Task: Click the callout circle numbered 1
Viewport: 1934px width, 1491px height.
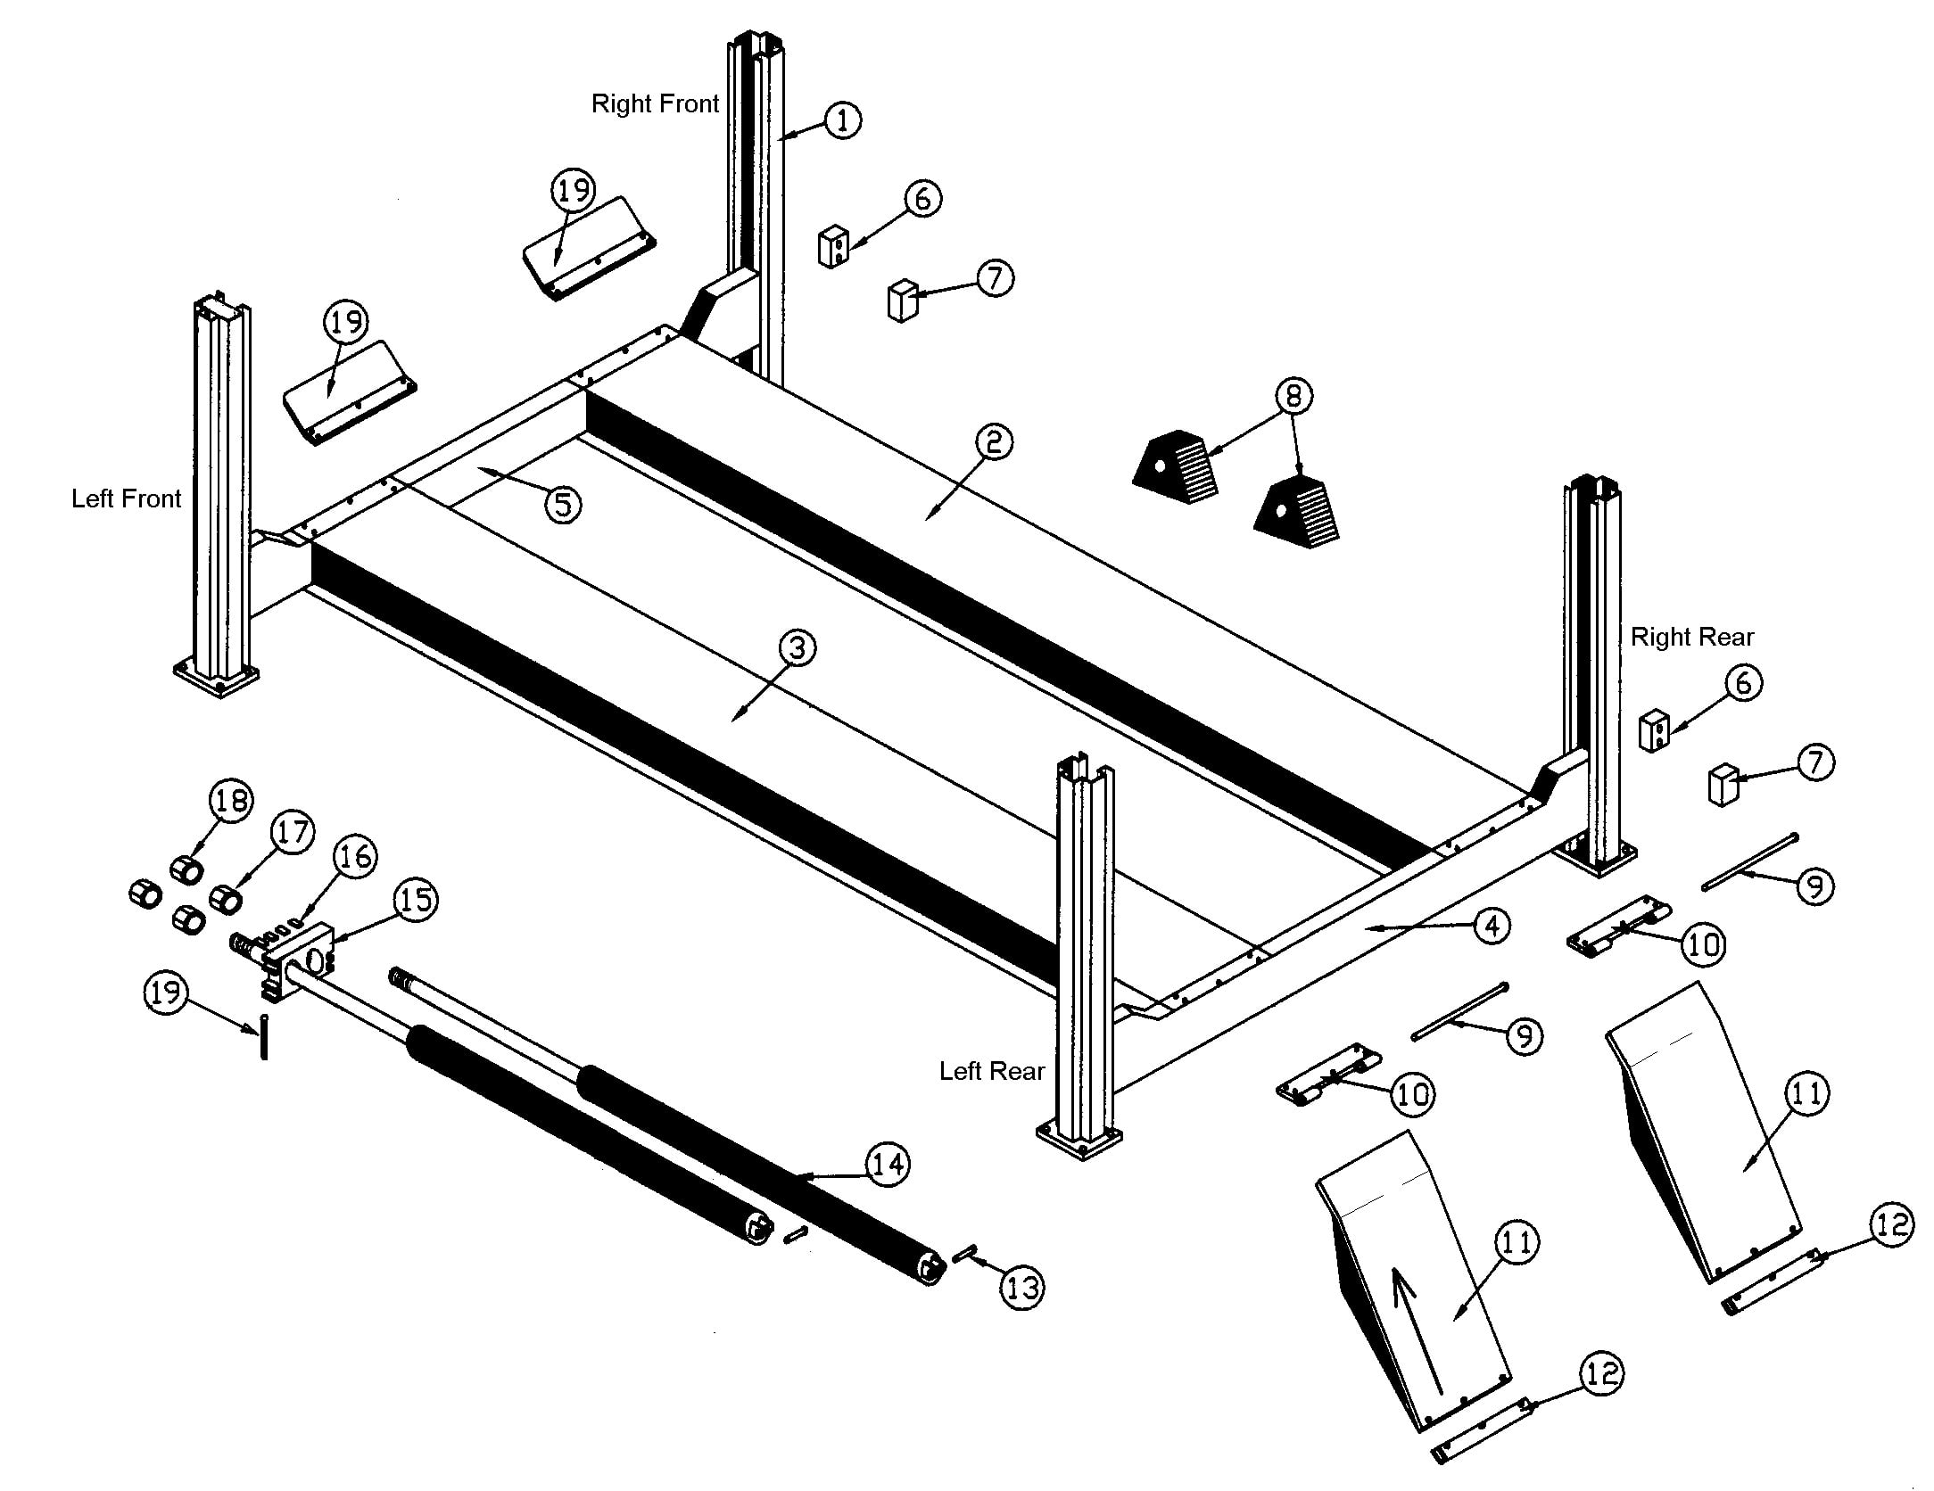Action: point(842,119)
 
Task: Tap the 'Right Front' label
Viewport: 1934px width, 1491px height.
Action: point(655,104)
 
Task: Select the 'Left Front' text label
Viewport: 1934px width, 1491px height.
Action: point(126,498)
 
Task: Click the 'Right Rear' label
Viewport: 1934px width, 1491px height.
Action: point(1692,638)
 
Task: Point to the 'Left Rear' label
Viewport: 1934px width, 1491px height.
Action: point(991,1071)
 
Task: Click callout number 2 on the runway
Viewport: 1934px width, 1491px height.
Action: point(994,442)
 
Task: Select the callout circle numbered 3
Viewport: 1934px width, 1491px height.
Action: point(797,648)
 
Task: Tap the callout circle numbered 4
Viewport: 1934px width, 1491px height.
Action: point(1492,926)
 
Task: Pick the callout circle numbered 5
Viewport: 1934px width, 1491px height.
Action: point(563,505)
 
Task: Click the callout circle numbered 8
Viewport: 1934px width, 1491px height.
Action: point(1293,395)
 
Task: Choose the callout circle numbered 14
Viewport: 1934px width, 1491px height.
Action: point(888,1165)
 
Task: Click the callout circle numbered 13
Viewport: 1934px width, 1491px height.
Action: point(1021,1288)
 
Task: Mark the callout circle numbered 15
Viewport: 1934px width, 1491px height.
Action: point(416,900)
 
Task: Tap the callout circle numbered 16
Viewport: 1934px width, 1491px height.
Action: point(355,857)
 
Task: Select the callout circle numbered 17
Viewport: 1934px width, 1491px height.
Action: point(293,833)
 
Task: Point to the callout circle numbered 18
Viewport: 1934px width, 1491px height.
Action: point(231,800)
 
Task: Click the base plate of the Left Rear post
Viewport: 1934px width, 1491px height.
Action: point(1079,1141)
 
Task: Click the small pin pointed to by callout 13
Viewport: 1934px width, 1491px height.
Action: point(963,1253)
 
